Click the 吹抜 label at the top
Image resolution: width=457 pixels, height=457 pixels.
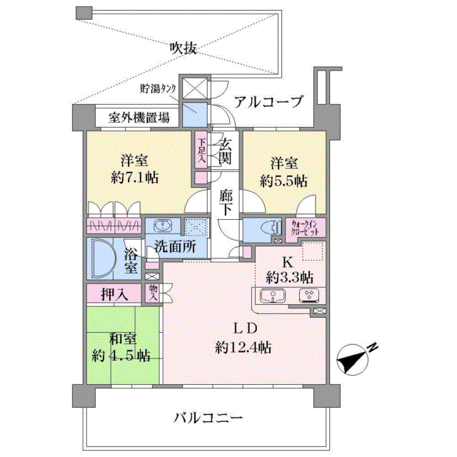(x=184, y=49)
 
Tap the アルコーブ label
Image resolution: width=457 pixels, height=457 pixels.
(x=268, y=101)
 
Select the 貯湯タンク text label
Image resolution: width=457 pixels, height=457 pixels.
(x=159, y=89)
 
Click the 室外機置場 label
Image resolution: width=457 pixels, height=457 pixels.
(x=139, y=118)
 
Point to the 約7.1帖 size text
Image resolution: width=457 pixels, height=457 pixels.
(x=135, y=177)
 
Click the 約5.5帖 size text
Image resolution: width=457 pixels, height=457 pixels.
(x=283, y=181)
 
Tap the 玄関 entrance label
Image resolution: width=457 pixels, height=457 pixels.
(x=226, y=151)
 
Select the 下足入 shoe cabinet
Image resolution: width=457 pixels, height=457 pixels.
(x=201, y=150)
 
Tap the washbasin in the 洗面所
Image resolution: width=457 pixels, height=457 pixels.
(x=163, y=226)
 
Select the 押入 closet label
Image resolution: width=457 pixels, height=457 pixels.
(x=114, y=294)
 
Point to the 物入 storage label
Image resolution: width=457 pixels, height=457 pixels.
(x=153, y=293)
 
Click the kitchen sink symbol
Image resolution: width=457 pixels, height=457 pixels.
(x=273, y=296)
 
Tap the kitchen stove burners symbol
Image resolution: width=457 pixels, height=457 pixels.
(x=309, y=295)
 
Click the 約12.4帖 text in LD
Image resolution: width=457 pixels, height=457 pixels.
(x=243, y=348)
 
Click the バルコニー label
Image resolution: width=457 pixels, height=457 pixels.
(x=209, y=418)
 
